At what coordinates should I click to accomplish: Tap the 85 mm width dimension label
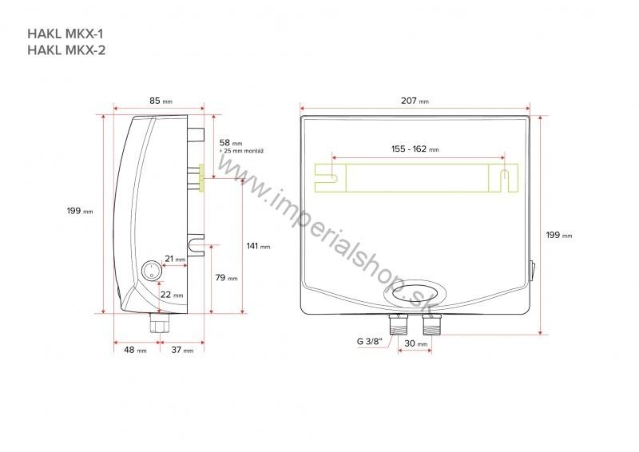(160, 101)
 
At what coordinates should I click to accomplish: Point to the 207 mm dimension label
(415, 101)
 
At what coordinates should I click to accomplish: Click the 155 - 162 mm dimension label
(415, 149)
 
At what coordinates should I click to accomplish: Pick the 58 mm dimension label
(231, 141)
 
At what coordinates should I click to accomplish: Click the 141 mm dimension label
(258, 246)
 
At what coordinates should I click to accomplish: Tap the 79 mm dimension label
(227, 278)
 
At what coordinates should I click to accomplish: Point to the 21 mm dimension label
(174, 259)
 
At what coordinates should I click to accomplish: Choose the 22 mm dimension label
(172, 295)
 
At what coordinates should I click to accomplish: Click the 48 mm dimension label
(135, 350)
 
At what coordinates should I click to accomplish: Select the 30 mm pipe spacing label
(417, 343)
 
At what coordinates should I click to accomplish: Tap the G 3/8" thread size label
(370, 341)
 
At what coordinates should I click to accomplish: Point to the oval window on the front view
(415, 293)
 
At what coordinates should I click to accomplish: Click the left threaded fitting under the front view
(399, 324)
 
